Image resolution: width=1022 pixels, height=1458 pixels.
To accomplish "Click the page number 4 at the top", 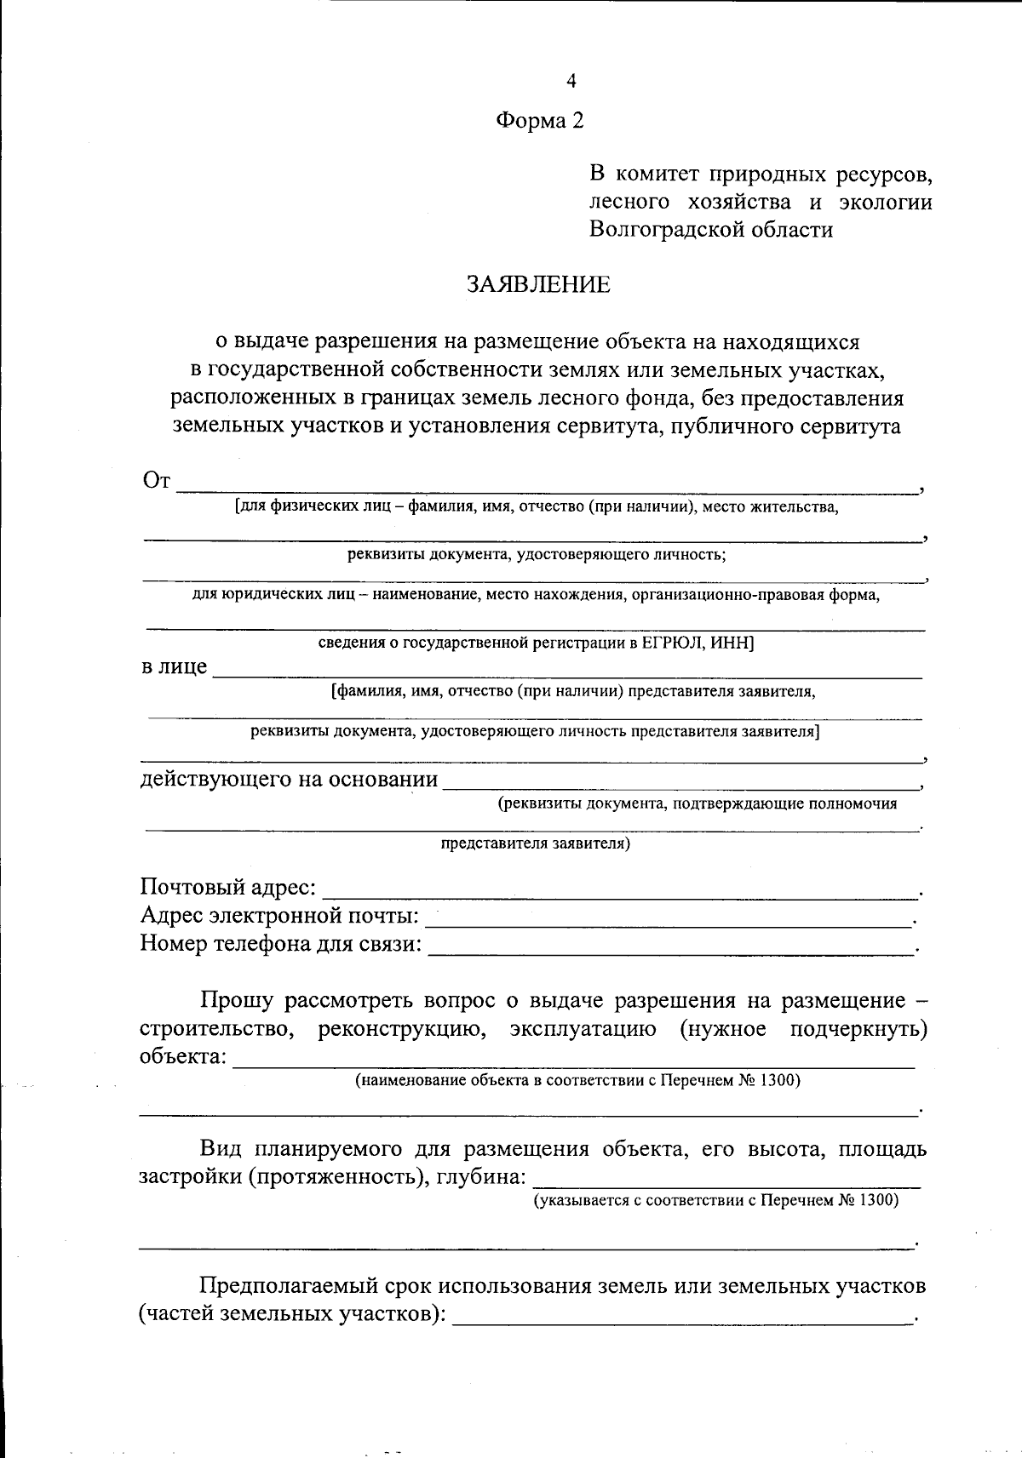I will pyautogui.click(x=571, y=81).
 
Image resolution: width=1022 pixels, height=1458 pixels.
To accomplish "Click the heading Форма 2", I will pyautogui.click(x=540, y=121).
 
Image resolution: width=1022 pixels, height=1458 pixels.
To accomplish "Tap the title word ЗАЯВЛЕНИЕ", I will pyautogui.click(x=537, y=284).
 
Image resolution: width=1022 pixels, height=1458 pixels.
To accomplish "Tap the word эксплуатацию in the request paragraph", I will pyautogui.click(x=583, y=1029).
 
